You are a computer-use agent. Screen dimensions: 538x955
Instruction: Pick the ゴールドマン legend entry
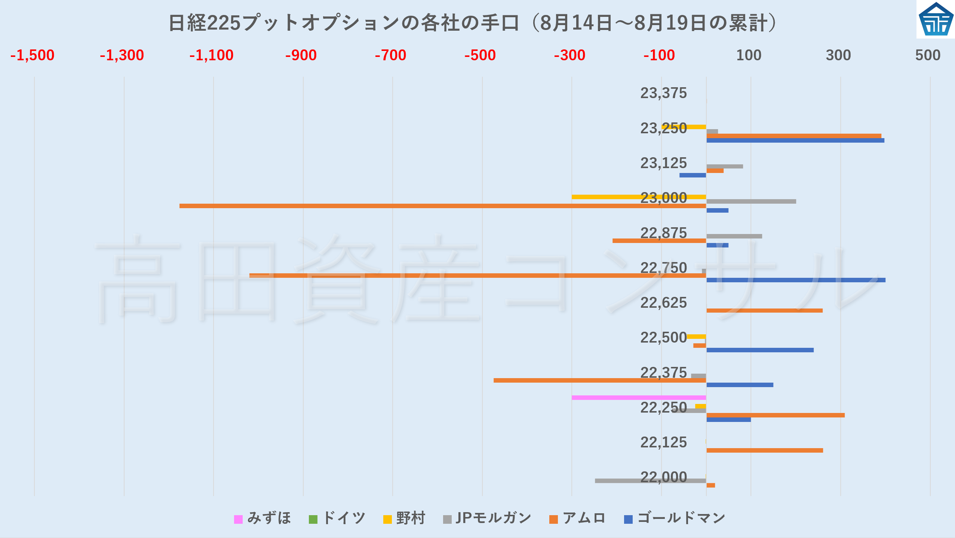coord(675,518)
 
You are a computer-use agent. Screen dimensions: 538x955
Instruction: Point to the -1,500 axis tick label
coord(33,55)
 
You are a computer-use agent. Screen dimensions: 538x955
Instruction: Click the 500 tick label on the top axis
coord(928,55)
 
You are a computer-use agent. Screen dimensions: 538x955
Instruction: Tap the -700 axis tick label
coord(390,55)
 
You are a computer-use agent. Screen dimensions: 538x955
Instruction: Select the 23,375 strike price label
coord(663,93)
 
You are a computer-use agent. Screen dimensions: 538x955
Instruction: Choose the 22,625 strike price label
coord(663,303)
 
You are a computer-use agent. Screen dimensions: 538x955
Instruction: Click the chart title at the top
coord(473,23)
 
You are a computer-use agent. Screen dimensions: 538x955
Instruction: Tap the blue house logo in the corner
coord(936,19)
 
